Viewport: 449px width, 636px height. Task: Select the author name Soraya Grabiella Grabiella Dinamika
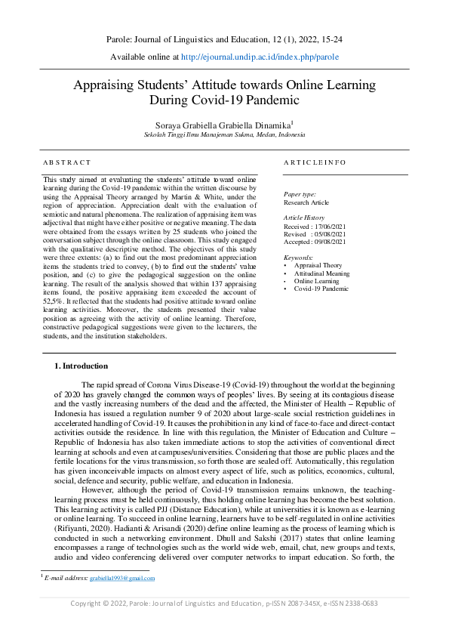[x=223, y=123]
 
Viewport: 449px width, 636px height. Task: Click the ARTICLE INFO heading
[x=315, y=162]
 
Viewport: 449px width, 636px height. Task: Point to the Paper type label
[x=300, y=194]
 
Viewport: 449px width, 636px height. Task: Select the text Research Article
[x=307, y=202]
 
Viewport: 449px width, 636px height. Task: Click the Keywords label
[x=298, y=258]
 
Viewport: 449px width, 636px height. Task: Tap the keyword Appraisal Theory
[x=318, y=266]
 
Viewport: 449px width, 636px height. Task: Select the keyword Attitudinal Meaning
[x=321, y=273]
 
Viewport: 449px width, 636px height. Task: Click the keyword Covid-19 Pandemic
[x=321, y=289]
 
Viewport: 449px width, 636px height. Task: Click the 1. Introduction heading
[x=81, y=366]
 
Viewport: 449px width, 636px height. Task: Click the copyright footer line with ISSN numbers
[x=224, y=624]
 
